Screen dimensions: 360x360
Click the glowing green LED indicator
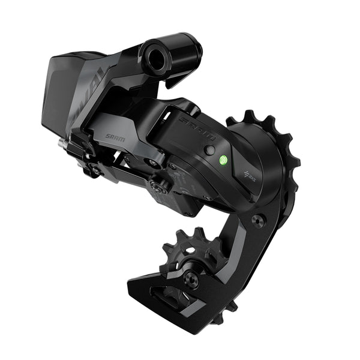[x=223, y=160]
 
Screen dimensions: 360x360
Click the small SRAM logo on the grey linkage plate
[x=115, y=136]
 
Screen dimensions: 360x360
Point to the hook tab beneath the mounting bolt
[x=180, y=78]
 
